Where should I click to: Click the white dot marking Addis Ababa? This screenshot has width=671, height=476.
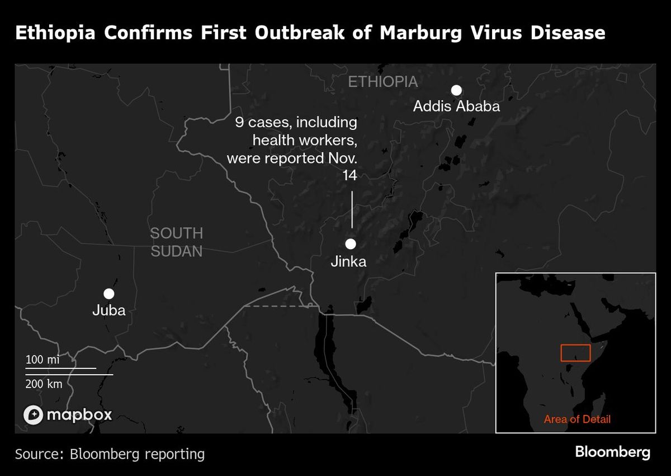coord(456,90)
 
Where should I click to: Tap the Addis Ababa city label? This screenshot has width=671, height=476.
coord(456,106)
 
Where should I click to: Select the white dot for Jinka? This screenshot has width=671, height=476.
coord(351,244)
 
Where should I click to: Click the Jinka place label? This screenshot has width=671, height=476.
coord(349,261)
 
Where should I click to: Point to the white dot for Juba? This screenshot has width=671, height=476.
coord(109,293)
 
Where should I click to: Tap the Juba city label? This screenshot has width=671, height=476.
coord(109,310)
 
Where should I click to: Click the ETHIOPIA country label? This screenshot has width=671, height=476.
coord(382,82)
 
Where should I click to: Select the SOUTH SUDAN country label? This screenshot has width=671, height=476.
coord(176,242)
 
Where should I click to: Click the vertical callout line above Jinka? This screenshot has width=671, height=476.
coord(352,209)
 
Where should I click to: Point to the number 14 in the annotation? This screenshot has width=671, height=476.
coord(349,176)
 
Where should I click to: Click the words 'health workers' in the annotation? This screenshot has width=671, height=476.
coord(305,140)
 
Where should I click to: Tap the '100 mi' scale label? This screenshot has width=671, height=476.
coord(42,360)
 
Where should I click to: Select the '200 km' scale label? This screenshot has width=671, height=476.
coord(44,384)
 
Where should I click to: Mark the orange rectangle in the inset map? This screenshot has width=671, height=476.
coord(575,353)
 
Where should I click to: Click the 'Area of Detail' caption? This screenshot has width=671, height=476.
coord(577,419)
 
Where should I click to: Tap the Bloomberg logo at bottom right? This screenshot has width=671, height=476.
coord(612,452)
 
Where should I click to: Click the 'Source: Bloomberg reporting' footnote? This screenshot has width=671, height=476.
coord(110,454)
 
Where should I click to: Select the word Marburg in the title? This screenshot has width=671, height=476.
coord(420,33)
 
